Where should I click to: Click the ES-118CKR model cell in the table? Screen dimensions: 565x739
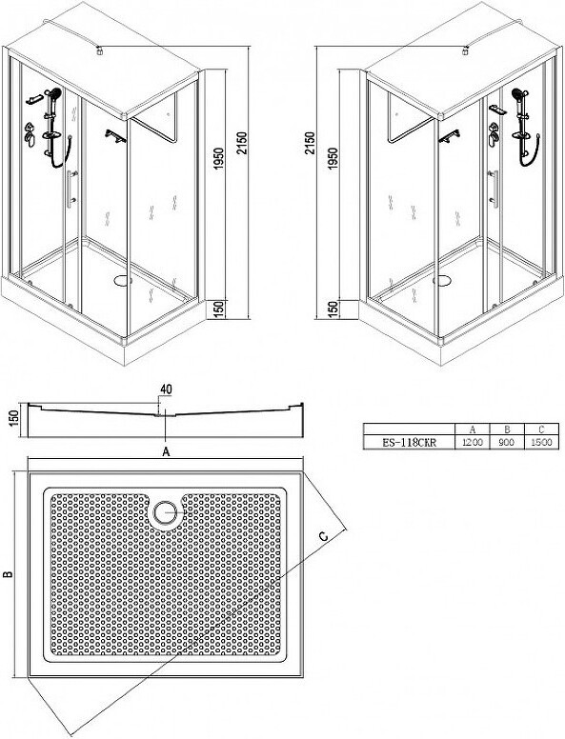tap(409, 443)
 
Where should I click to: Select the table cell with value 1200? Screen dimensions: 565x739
tap(472, 443)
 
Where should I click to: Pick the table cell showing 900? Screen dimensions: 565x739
tap(507, 443)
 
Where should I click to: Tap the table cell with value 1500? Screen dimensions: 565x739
tap(541, 443)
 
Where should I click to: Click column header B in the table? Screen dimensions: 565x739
tap(507, 429)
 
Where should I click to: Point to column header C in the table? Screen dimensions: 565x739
tap(541, 429)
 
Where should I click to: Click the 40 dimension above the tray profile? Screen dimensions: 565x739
tap(166, 389)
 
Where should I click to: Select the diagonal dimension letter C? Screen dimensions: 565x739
tap(324, 536)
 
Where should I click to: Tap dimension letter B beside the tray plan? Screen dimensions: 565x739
tap(8, 574)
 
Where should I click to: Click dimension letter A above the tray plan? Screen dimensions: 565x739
tap(166, 452)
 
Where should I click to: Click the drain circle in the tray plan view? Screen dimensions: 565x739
tap(165, 511)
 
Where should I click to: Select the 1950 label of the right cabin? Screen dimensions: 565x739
tap(333, 159)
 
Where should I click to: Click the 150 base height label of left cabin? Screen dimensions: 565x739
tap(218, 310)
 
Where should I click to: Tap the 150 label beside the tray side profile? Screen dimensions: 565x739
tap(13, 418)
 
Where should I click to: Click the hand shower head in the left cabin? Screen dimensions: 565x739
tap(55, 93)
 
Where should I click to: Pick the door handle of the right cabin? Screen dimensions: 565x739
tap(494, 189)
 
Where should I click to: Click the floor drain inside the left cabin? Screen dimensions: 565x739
tap(124, 281)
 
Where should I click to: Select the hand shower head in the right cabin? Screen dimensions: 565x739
tap(518, 93)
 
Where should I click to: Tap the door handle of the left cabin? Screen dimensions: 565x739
tap(71, 189)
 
